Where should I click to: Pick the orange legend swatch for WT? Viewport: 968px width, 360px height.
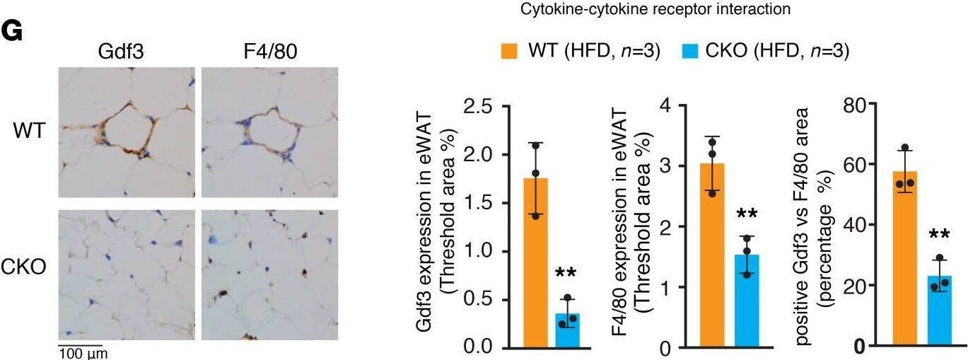point(509,50)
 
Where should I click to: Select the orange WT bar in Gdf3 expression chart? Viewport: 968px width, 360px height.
point(535,262)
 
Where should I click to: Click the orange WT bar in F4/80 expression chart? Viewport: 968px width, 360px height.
point(712,255)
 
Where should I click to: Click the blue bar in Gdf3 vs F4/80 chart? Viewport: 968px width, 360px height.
point(938,310)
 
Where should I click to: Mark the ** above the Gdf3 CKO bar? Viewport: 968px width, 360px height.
point(567,274)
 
